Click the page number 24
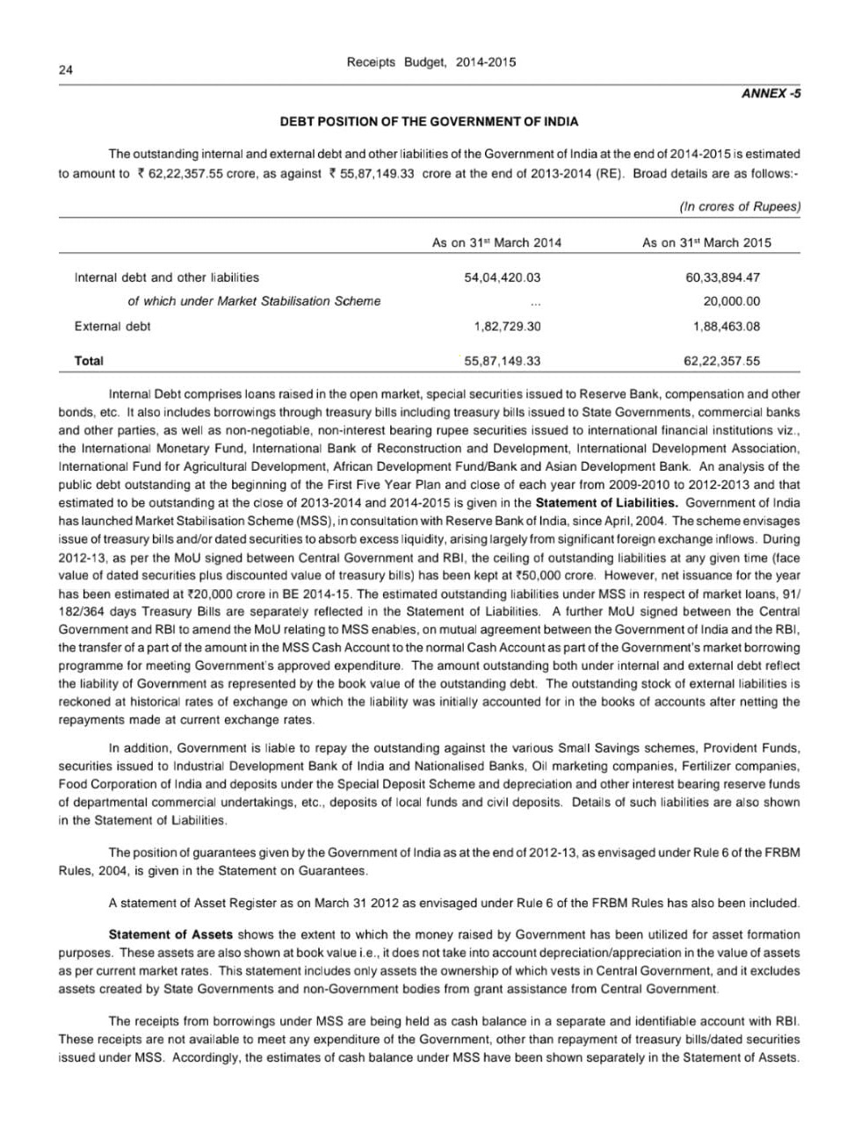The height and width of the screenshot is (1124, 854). click(x=66, y=71)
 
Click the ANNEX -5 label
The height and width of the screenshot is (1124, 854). click(x=771, y=93)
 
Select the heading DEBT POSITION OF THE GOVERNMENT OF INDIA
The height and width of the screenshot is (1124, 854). click(x=429, y=121)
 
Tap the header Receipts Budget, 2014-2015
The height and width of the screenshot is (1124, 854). click(x=431, y=62)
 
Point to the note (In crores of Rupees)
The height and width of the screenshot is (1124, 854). click(x=740, y=206)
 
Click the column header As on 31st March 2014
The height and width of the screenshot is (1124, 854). click(x=496, y=242)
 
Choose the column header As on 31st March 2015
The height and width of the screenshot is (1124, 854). click(x=706, y=242)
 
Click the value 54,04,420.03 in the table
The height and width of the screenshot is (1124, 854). click(x=502, y=277)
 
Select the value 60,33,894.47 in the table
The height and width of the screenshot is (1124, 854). click(x=722, y=277)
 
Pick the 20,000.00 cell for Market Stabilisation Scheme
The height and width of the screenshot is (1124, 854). click(x=732, y=301)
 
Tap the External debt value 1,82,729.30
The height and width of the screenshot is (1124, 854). click(x=507, y=326)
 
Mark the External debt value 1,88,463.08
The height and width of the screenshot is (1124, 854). click(x=726, y=326)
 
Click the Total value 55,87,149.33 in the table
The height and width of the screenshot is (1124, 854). click(x=502, y=361)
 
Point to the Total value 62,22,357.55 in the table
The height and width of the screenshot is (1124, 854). click(x=721, y=361)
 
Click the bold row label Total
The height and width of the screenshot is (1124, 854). click(x=89, y=361)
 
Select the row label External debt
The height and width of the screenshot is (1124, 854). click(x=112, y=326)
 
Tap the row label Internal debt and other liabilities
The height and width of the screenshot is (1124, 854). click(x=167, y=277)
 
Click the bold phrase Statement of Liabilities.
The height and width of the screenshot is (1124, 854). click(x=606, y=503)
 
